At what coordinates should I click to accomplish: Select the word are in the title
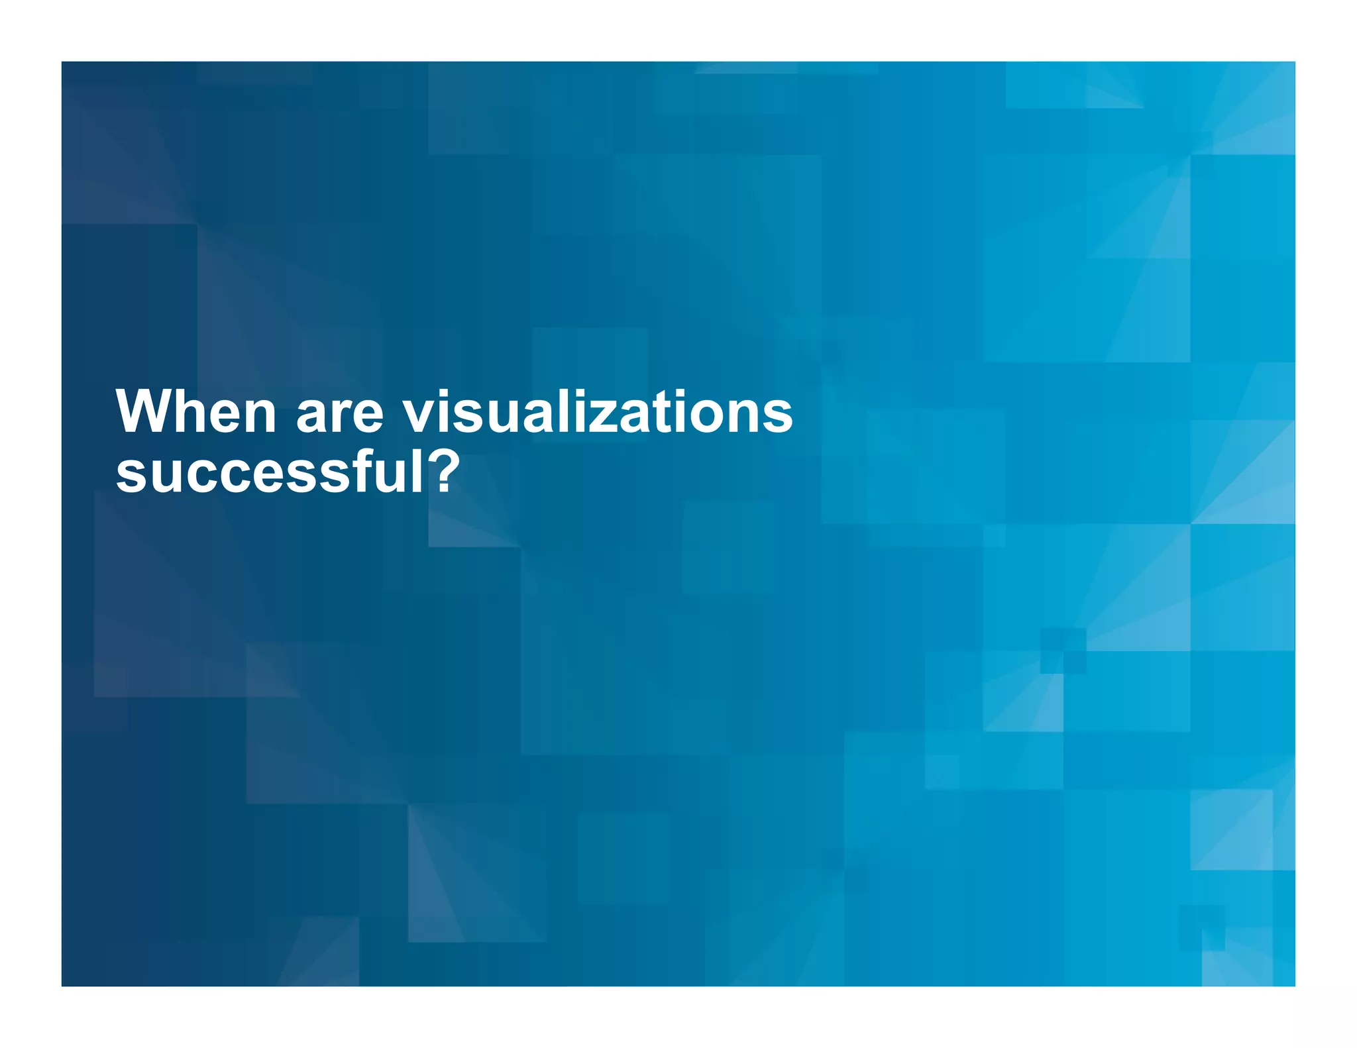[339, 414]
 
